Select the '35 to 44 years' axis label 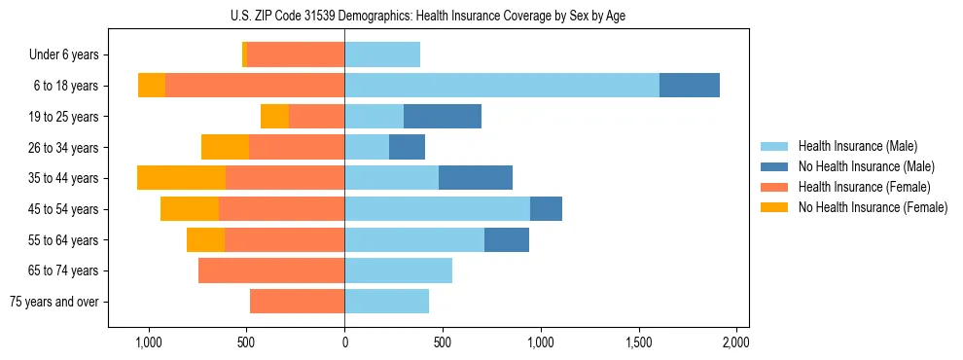[64, 178]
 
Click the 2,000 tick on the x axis [736, 342]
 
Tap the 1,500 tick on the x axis [638, 342]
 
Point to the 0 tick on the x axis [344, 342]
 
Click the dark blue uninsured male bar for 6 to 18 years [690, 86]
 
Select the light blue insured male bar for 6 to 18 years [502, 86]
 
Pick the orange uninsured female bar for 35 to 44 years [181, 178]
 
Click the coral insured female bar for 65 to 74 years [271, 270]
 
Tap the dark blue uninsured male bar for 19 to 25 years [443, 117]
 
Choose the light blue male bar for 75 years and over [386, 302]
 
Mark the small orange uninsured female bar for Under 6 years [244, 55]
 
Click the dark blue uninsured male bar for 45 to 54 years [546, 209]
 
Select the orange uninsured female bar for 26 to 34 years [225, 147]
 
